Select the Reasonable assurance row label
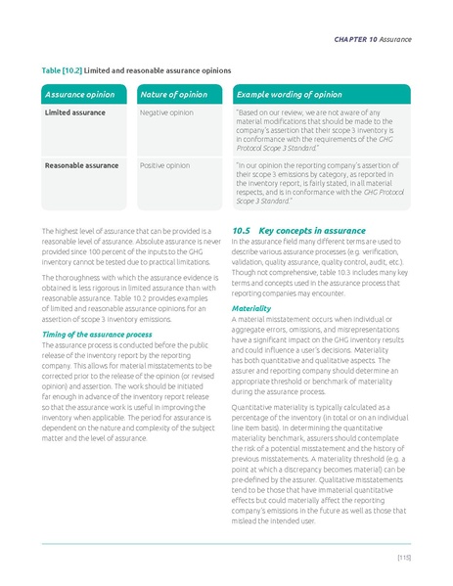(x=80, y=165)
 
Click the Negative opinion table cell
(x=167, y=113)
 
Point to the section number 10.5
(x=243, y=230)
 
